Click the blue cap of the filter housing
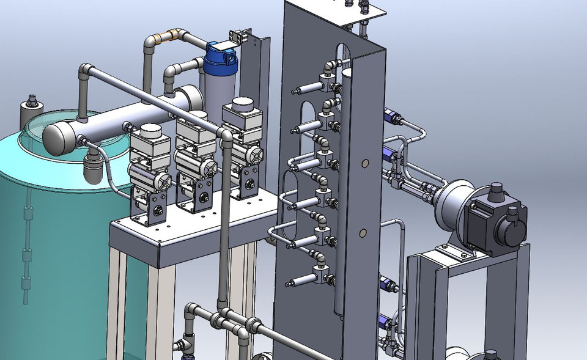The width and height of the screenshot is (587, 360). click(221, 55)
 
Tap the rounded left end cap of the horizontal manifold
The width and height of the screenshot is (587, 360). click(57, 136)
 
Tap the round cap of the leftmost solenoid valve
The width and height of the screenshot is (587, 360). click(149, 133)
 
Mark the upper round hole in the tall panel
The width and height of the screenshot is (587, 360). click(365, 163)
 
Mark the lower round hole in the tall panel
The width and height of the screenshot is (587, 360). click(363, 233)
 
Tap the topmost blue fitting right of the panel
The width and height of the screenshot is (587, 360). click(389, 116)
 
